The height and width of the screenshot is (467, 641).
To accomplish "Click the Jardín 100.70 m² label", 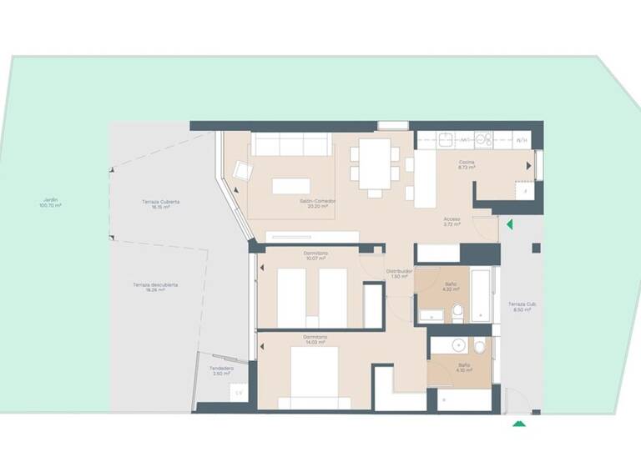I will click(x=51, y=203).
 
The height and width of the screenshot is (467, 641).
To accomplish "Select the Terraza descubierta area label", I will click(x=154, y=288).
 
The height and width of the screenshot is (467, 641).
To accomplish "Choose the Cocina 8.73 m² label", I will click(x=467, y=165).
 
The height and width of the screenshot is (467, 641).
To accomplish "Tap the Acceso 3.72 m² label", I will click(x=452, y=222).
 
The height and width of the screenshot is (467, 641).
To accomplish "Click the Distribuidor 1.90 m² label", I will click(x=398, y=274).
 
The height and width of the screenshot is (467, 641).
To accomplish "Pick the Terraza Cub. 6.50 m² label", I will click(x=522, y=307).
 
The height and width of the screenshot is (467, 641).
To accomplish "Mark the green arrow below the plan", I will click(x=519, y=424).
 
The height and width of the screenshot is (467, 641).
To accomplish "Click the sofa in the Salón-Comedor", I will click(x=292, y=145).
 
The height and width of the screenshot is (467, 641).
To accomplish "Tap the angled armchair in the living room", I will click(x=243, y=172).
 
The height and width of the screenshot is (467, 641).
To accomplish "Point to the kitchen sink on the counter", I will click(x=446, y=140).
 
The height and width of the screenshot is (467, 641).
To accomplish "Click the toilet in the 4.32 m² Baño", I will click(x=457, y=313).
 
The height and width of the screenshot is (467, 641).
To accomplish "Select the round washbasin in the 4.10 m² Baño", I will click(x=459, y=344).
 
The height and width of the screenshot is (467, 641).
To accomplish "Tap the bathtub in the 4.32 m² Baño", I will click(x=482, y=294).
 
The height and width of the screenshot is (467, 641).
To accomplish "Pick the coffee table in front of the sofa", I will click(x=291, y=185).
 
